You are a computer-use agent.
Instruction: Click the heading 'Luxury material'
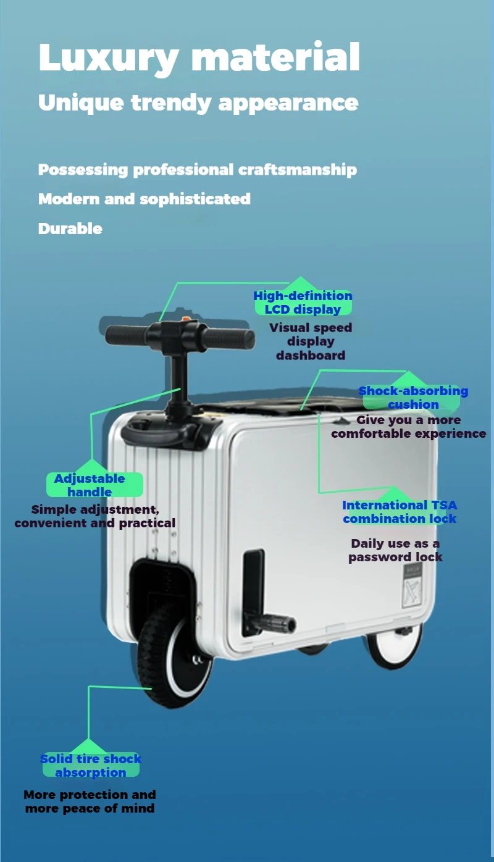(x=199, y=57)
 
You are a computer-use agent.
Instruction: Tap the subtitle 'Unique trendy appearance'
(x=198, y=102)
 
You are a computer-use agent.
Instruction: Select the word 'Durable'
(x=70, y=228)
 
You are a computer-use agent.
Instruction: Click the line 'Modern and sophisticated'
(x=144, y=199)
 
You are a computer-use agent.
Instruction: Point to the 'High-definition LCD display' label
(x=303, y=303)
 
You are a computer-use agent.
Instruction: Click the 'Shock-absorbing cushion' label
(x=413, y=398)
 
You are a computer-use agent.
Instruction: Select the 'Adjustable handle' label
(x=90, y=485)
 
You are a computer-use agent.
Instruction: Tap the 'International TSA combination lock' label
(x=400, y=512)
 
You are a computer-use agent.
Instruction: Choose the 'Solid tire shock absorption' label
(x=91, y=766)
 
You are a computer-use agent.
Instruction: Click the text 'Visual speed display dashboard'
(x=311, y=341)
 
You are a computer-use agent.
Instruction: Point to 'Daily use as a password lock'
(x=395, y=550)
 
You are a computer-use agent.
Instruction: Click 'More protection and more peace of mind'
(x=90, y=801)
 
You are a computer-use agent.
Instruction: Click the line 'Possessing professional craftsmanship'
(x=198, y=169)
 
